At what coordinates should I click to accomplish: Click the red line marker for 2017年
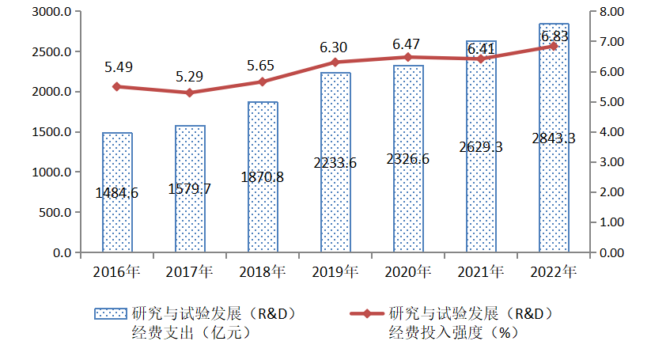(190, 93)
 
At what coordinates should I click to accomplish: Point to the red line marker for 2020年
(408, 57)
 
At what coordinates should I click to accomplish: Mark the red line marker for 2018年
(263, 81)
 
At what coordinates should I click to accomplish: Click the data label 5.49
(116, 67)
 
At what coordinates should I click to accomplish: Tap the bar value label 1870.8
(263, 177)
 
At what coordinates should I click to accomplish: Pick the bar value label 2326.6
(408, 159)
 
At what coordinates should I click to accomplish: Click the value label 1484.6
(116, 192)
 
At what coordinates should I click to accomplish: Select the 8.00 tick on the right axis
(612, 12)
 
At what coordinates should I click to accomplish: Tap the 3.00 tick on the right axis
(612, 162)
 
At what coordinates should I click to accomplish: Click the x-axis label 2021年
(480, 272)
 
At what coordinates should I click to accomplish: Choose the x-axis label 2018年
(262, 272)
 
